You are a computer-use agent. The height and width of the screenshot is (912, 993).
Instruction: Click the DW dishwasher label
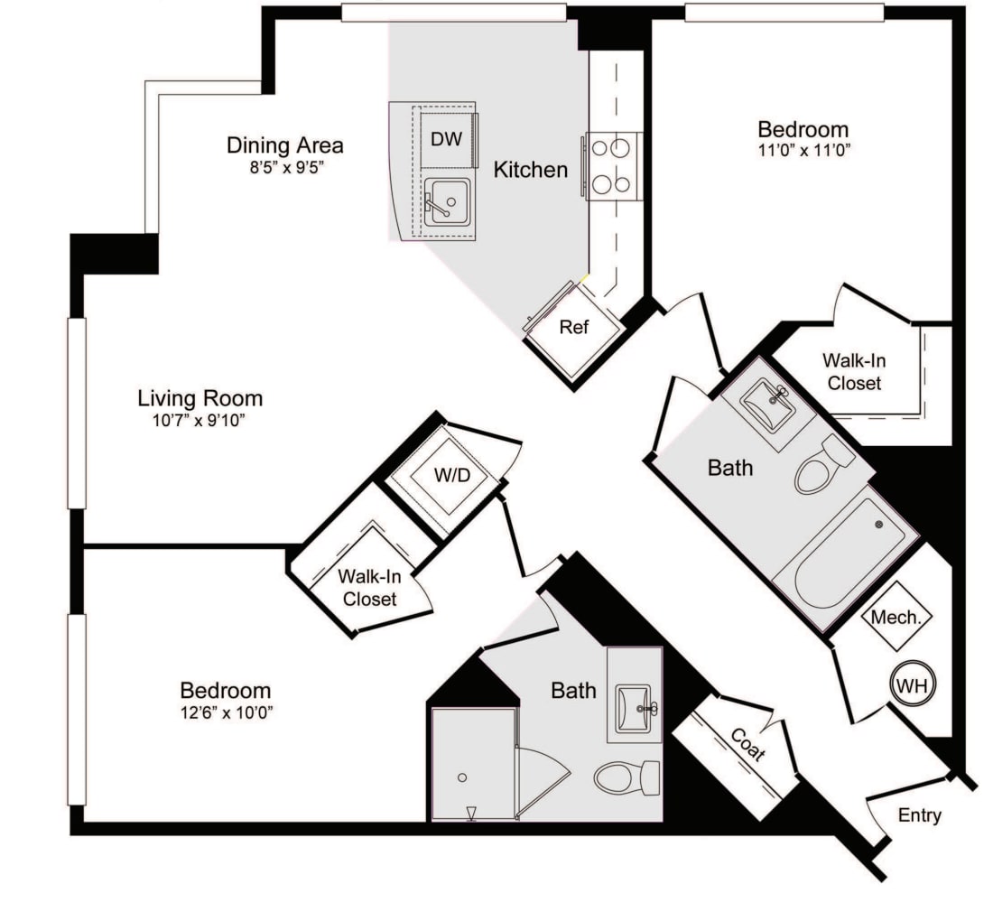447,139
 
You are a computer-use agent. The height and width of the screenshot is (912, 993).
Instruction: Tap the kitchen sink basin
447,201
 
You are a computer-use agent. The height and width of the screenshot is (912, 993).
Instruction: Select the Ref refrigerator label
574,327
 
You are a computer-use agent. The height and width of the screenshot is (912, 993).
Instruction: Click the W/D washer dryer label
452,474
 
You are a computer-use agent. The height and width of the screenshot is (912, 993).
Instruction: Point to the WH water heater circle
913,684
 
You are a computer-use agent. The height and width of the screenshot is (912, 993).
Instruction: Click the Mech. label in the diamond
896,617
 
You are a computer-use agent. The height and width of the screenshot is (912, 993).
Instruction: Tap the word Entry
920,815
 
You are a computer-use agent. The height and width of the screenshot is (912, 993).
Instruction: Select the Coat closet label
748,744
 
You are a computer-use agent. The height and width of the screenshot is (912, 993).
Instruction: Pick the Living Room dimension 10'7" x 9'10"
199,421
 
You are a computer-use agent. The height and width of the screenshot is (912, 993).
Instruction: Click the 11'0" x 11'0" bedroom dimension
804,151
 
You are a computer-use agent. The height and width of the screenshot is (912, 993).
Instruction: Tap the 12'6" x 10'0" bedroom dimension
227,712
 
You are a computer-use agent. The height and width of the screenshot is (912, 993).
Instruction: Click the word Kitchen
531,170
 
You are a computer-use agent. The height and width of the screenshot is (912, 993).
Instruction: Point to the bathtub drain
879,525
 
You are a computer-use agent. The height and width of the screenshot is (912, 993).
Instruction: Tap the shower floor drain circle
462,777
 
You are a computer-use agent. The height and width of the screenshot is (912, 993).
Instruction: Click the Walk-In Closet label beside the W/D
370,588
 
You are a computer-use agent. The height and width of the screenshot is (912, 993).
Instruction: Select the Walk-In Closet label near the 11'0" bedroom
854,372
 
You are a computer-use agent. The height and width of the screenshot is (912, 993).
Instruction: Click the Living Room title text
200,398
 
